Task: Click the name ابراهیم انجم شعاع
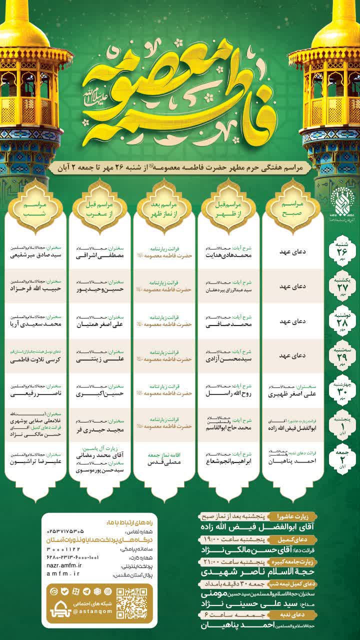tap(227, 462)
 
